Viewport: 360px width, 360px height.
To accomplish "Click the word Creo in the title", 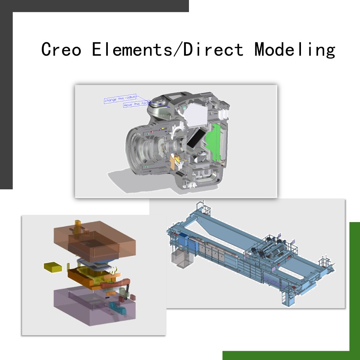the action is pyautogui.click(x=61, y=49).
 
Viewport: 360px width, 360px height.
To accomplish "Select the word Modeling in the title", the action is pyautogui.click(x=295, y=50).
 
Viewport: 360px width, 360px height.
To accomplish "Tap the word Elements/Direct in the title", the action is pyautogui.click(x=167, y=49).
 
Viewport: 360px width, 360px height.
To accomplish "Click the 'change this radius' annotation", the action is pyautogui.click(x=120, y=99).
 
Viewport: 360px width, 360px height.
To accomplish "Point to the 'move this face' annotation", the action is pyautogui.click(x=136, y=104).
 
